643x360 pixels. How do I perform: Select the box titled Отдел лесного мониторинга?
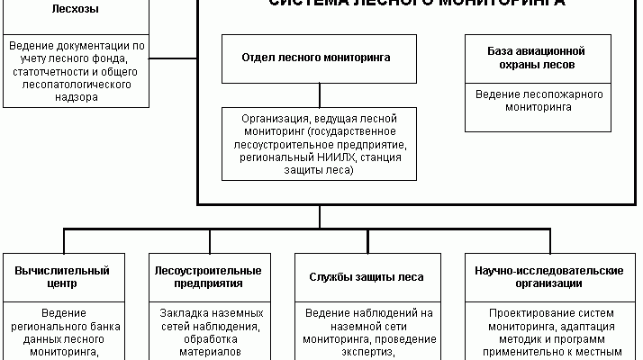(x=317, y=56)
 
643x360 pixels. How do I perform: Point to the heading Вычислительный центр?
(x=63, y=276)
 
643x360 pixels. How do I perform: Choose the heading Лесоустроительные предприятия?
(x=209, y=276)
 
